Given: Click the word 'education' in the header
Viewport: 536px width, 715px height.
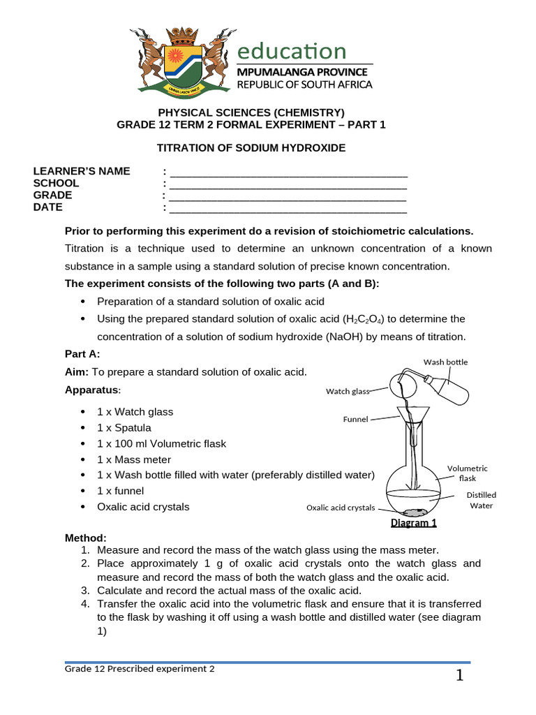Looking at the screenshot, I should point(292,51).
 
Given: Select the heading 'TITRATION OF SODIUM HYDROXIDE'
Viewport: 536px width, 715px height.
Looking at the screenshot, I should point(251,148).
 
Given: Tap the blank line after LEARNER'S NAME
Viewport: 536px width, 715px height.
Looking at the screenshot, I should point(288,172).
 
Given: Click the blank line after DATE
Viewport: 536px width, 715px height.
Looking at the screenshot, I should point(288,208).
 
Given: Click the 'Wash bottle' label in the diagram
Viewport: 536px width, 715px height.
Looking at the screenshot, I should point(446,362).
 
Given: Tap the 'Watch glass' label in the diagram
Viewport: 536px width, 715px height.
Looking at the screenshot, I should point(347,392).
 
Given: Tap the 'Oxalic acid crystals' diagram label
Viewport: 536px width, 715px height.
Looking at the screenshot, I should point(341,508).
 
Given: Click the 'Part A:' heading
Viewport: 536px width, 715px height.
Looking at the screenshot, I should point(82,354).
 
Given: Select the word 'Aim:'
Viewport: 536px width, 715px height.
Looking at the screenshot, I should point(77,372).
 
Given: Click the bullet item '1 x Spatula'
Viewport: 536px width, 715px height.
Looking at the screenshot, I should point(124,428).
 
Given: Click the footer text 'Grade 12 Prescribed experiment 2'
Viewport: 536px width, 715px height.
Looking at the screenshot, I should point(140,669).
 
